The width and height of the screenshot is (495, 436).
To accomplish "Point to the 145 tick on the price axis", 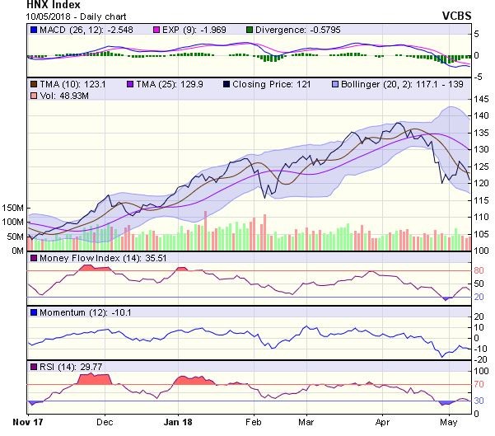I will coord(479,99).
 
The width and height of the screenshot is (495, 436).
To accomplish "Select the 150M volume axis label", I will coord(12,207).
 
